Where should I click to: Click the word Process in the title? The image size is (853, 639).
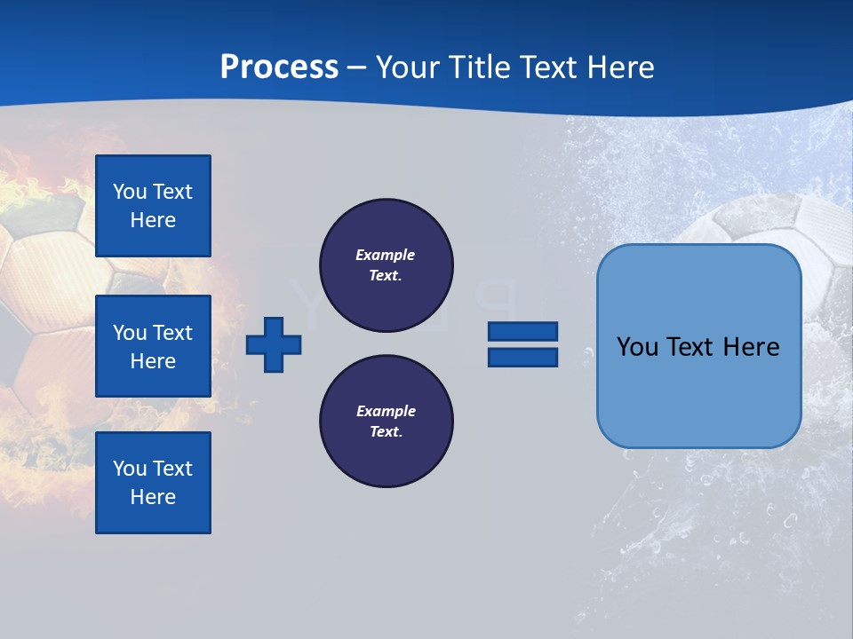[279, 67]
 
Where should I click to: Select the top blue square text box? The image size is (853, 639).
[153, 206]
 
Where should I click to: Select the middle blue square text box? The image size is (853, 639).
[153, 346]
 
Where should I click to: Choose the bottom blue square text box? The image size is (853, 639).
[153, 482]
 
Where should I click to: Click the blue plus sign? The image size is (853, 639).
[274, 344]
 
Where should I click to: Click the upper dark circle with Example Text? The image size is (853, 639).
[387, 265]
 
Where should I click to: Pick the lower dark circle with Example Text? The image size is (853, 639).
[387, 422]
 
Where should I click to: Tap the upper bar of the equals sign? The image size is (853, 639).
[523, 331]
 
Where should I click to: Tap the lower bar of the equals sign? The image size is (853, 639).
[523, 357]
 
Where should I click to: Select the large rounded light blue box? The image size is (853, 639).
[699, 390]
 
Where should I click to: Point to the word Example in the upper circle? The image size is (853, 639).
[386, 255]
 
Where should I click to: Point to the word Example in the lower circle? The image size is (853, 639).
[386, 411]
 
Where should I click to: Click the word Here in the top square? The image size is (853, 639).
[153, 220]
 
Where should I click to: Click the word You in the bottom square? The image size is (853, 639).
[130, 469]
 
